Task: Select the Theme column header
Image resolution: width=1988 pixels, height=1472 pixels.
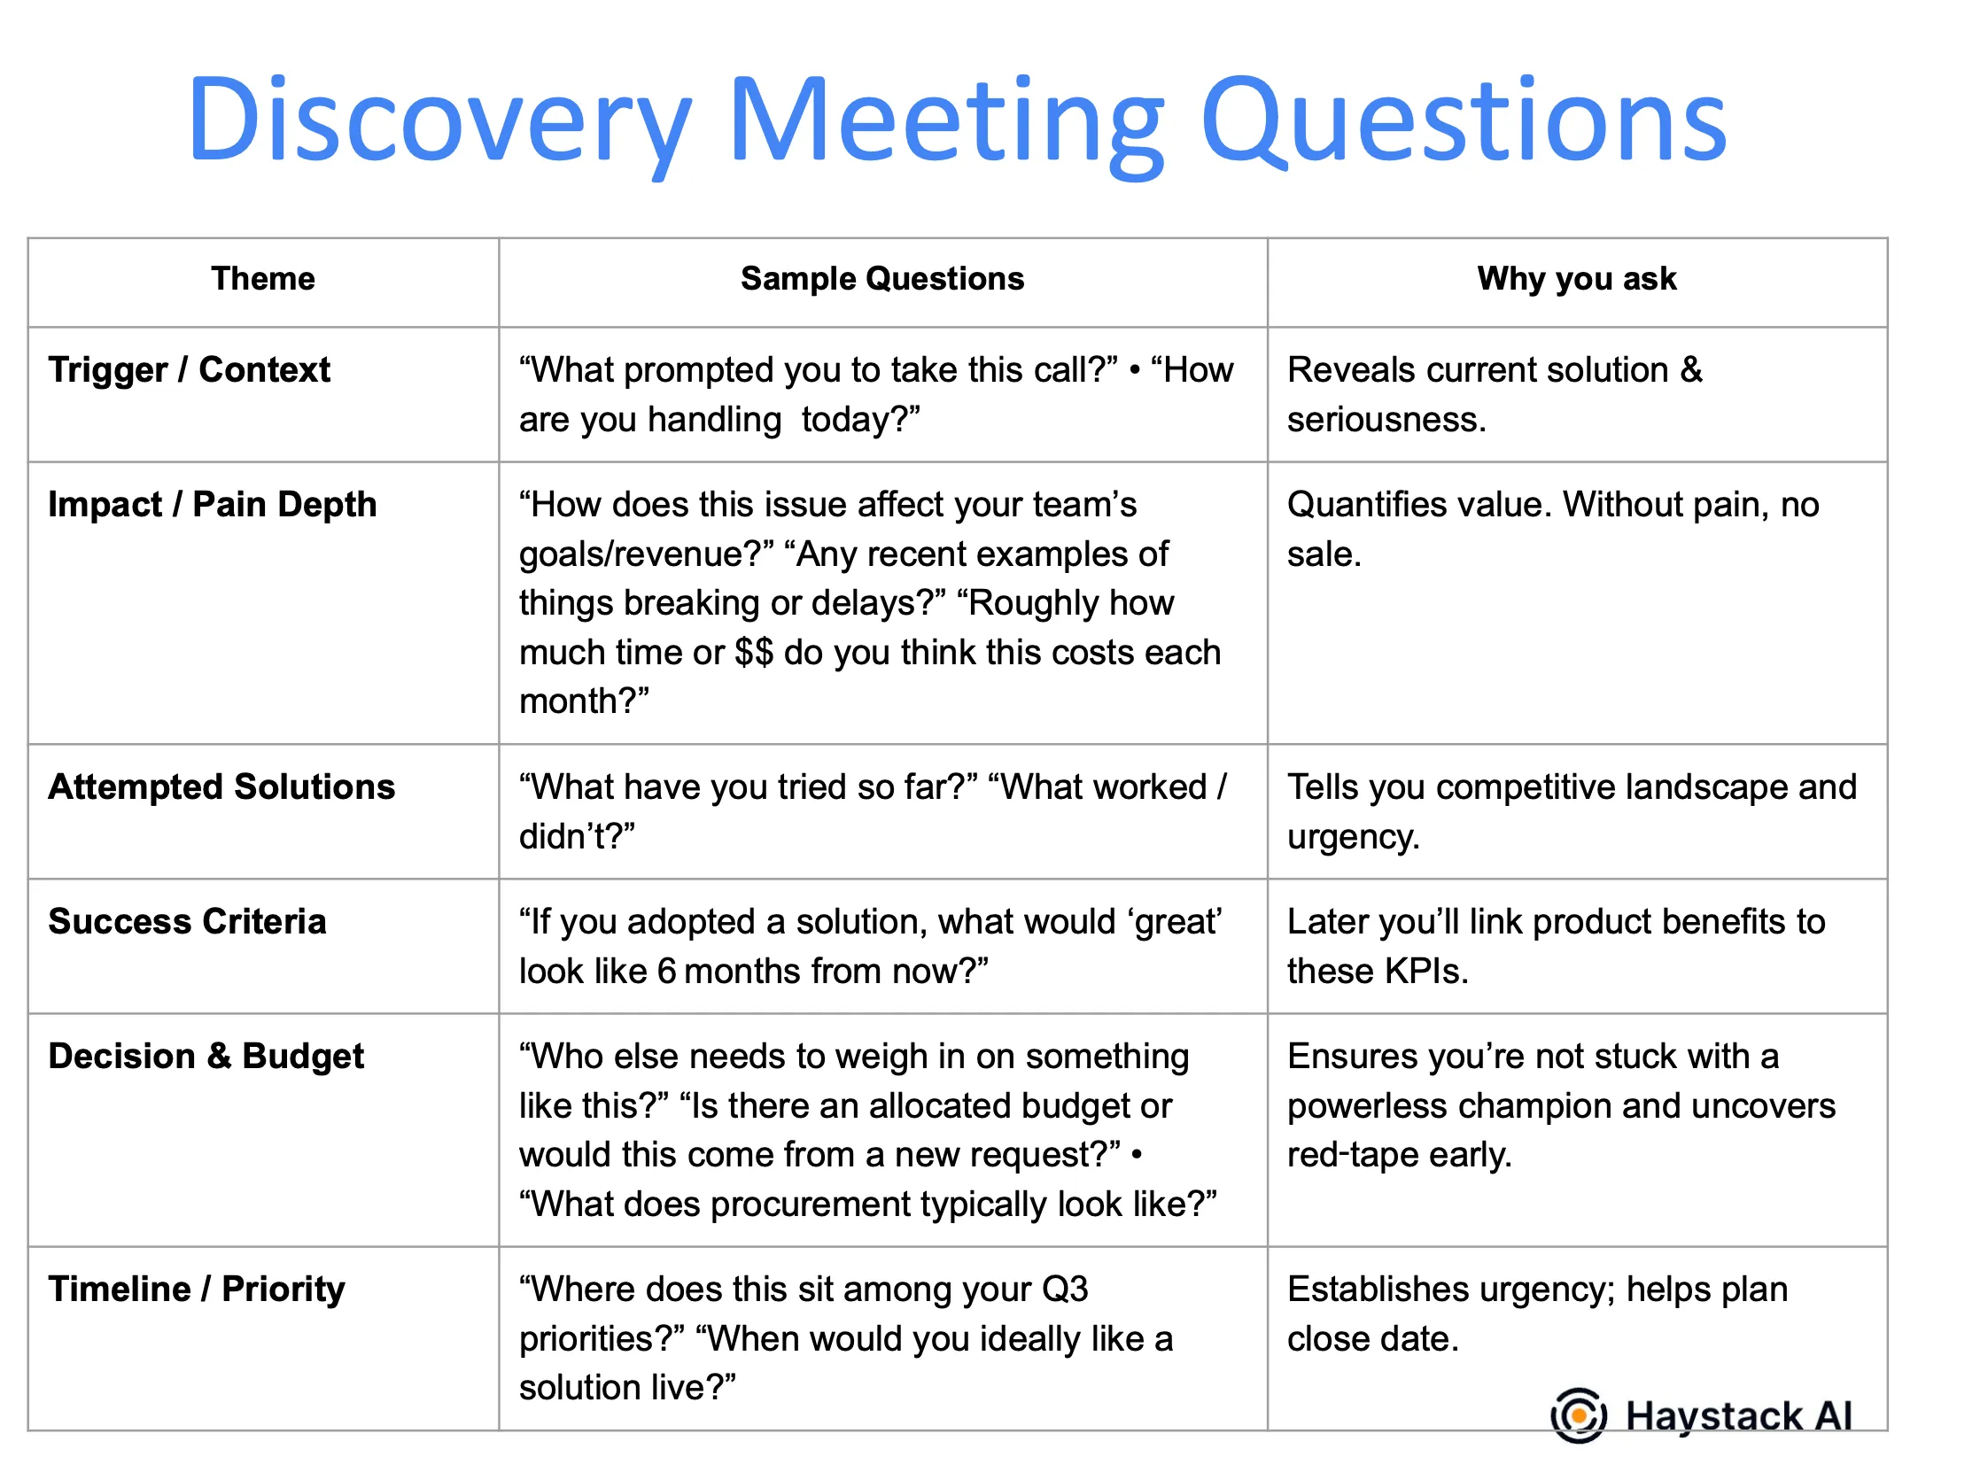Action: point(263,279)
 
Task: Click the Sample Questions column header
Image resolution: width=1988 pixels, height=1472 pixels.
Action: point(882,279)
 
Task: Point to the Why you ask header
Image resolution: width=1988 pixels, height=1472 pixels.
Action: point(1576,279)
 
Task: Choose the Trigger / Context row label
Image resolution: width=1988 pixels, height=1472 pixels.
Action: point(189,370)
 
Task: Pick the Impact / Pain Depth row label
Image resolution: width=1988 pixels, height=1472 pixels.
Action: point(212,504)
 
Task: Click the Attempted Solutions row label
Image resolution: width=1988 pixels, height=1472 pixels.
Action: point(221,786)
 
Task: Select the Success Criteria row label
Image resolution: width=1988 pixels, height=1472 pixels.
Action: point(187,921)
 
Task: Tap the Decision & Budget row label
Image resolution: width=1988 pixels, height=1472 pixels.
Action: point(206,1056)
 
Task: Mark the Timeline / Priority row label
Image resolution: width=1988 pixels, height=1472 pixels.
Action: point(196,1290)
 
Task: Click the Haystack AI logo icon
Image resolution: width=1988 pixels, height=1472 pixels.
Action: point(1579,1415)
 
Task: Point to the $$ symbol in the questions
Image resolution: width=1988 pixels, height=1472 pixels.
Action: point(754,652)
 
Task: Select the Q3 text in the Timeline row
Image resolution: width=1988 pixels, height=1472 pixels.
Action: point(1065,1290)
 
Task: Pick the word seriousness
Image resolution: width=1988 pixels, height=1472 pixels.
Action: point(1386,420)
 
